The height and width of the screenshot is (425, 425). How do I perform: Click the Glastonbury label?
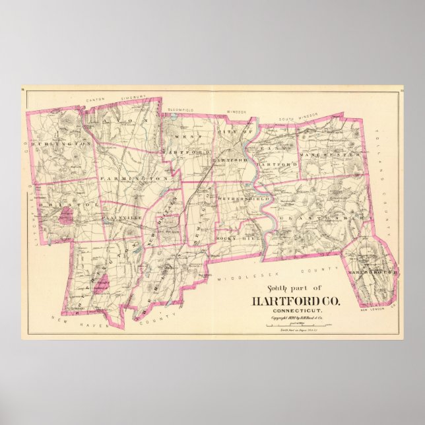[321, 216]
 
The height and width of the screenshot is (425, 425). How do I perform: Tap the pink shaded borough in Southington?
[100, 284]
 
